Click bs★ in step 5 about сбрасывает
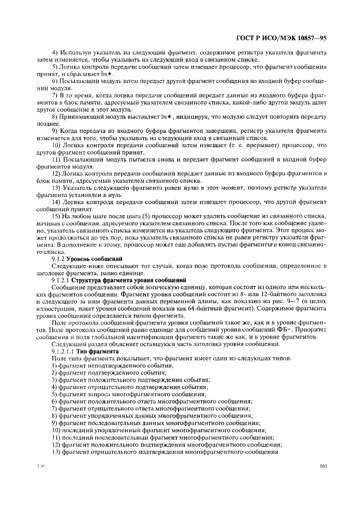pyautogui.click(x=108, y=73)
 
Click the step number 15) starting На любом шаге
pyautogui.click(x=57, y=216)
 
